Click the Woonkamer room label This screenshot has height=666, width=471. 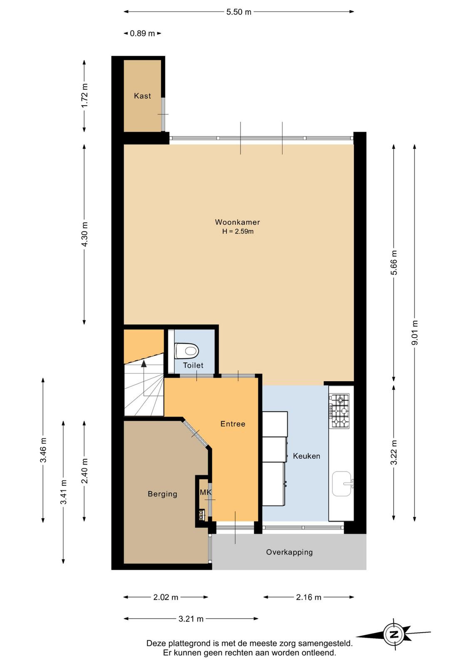[x=238, y=222]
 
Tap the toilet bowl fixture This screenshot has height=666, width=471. [x=186, y=351]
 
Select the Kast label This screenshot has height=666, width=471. [x=142, y=96]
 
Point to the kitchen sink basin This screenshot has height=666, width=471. [x=342, y=484]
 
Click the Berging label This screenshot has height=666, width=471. [x=162, y=494]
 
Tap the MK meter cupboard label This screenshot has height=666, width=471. [x=206, y=492]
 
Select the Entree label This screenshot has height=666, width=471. [x=233, y=424]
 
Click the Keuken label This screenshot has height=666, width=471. [x=306, y=456]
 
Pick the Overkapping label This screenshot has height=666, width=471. [x=289, y=552]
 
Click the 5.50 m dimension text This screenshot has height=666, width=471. [x=238, y=12]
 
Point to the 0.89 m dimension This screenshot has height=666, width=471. [x=142, y=33]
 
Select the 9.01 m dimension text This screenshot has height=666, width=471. [x=414, y=332]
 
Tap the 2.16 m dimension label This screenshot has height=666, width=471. [x=308, y=597]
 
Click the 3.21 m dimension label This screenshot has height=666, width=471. [x=191, y=619]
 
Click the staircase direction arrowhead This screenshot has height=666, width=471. [x=144, y=363]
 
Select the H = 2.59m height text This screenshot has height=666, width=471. [x=238, y=231]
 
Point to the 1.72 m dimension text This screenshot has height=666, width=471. [x=85, y=96]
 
